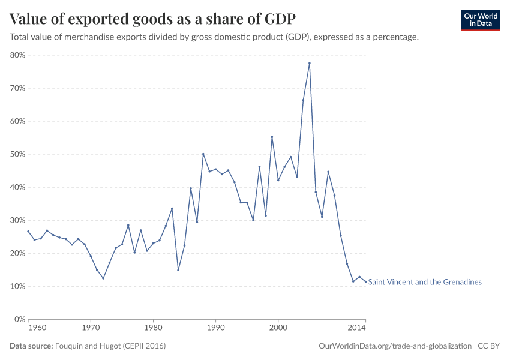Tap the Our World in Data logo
coord(480,20)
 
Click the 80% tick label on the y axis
coord(17,55)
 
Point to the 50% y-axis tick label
coord(17,154)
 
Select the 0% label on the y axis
coord(19,319)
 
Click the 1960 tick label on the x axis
coord(37,328)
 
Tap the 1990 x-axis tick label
coord(215,328)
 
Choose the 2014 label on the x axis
coord(357,328)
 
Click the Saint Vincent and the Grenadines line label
coord(424,282)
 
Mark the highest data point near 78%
coord(310,63)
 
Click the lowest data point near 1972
coord(103,278)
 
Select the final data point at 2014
coord(365,282)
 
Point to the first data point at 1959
coord(28,231)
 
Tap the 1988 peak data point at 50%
coord(203,154)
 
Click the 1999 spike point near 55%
coord(272,137)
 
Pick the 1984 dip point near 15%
coord(178,270)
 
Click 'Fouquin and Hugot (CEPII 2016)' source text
coord(110,346)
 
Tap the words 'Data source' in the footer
coord(31,346)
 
